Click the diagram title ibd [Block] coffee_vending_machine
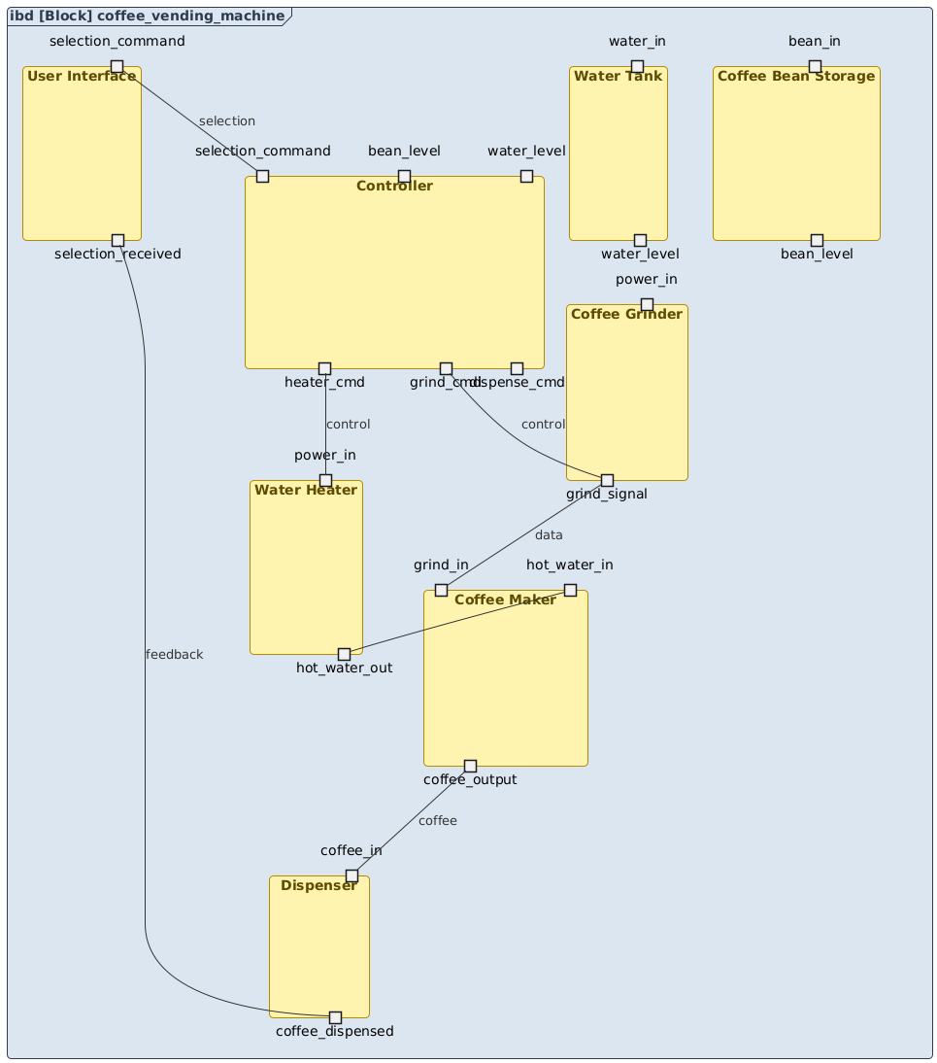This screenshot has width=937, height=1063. [x=149, y=17]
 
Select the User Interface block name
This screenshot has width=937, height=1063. [x=82, y=76]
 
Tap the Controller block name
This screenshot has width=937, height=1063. [x=394, y=186]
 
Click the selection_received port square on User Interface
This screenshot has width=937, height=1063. [x=117, y=240]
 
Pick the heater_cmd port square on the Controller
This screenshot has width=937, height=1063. [x=324, y=368]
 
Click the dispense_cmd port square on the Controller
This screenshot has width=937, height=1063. [x=517, y=368]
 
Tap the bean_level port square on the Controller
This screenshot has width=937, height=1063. [x=404, y=176]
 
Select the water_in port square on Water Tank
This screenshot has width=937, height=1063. [x=637, y=66]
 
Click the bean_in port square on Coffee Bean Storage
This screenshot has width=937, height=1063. [x=815, y=66]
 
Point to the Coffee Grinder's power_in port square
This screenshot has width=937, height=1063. [x=647, y=304]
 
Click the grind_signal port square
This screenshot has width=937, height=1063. [x=607, y=480]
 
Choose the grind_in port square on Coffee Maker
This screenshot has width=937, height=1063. [x=441, y=590]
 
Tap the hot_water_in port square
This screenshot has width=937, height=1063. [x=570, y=590]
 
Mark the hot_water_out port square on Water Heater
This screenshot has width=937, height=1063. [x=344, y=654]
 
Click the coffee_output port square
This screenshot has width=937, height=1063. [x=470, y=766]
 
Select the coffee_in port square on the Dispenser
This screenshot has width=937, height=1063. [x=351, y=875]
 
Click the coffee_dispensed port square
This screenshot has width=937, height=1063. [x=335, y=1017]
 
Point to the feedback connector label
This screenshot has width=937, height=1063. [x=174, y=654]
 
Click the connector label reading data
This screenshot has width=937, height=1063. [x=549, y=534]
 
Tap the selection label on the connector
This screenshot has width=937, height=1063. [x=226, y=120]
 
